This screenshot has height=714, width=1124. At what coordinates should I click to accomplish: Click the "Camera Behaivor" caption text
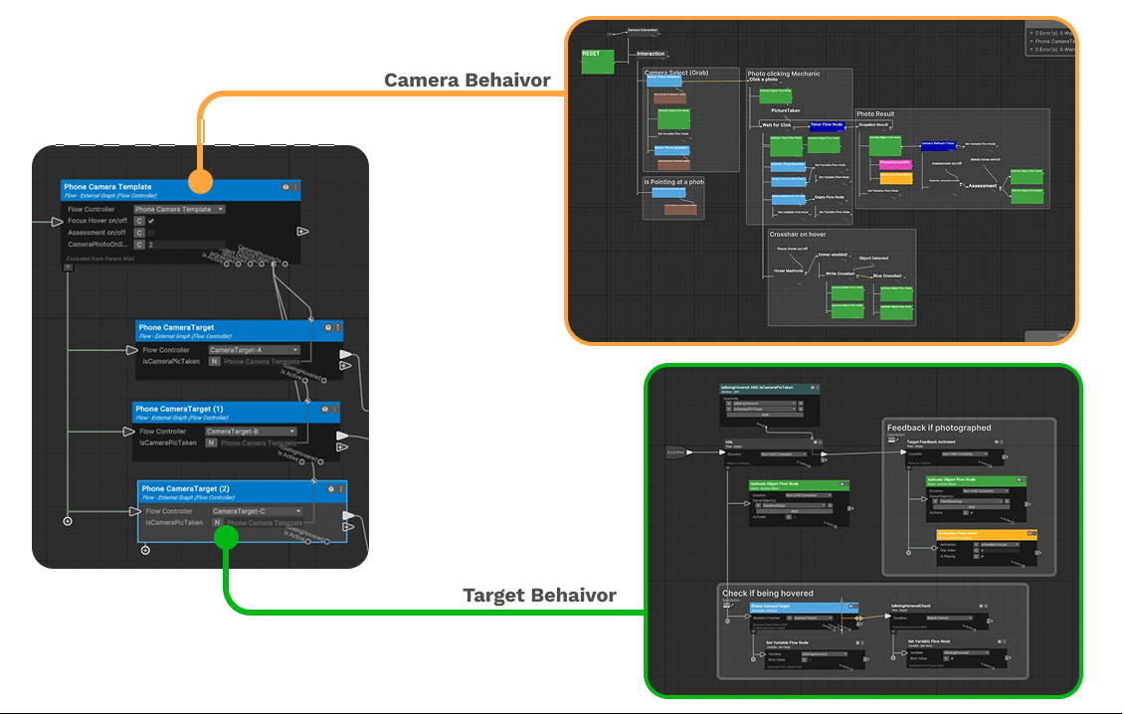(468, 81)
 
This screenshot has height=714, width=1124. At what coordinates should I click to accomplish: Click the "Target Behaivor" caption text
(539, 596)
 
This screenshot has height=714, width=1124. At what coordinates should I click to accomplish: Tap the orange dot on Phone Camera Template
(200, 181)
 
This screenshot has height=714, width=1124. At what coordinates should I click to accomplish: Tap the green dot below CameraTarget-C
(227, 537)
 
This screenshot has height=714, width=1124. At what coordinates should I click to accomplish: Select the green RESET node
(597, 62)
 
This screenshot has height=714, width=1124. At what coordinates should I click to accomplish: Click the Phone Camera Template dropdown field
(179, 210)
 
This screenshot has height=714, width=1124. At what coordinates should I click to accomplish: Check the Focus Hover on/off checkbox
(151, 221)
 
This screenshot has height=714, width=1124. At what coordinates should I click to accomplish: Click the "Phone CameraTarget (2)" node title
(185, 488)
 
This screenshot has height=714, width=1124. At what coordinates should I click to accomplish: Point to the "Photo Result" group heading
(876, 114)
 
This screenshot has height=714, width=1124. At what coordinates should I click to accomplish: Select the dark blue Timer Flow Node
(827, 126)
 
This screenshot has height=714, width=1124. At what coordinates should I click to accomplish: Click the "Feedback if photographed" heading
(939, 428)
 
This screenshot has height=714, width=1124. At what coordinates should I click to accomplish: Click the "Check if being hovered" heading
(767, 594)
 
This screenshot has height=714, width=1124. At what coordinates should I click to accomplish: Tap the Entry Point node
(677, 452)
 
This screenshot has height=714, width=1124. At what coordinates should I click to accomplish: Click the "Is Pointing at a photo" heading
(673, 182)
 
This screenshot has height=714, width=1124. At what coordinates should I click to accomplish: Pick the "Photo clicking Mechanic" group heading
(785, 74)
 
